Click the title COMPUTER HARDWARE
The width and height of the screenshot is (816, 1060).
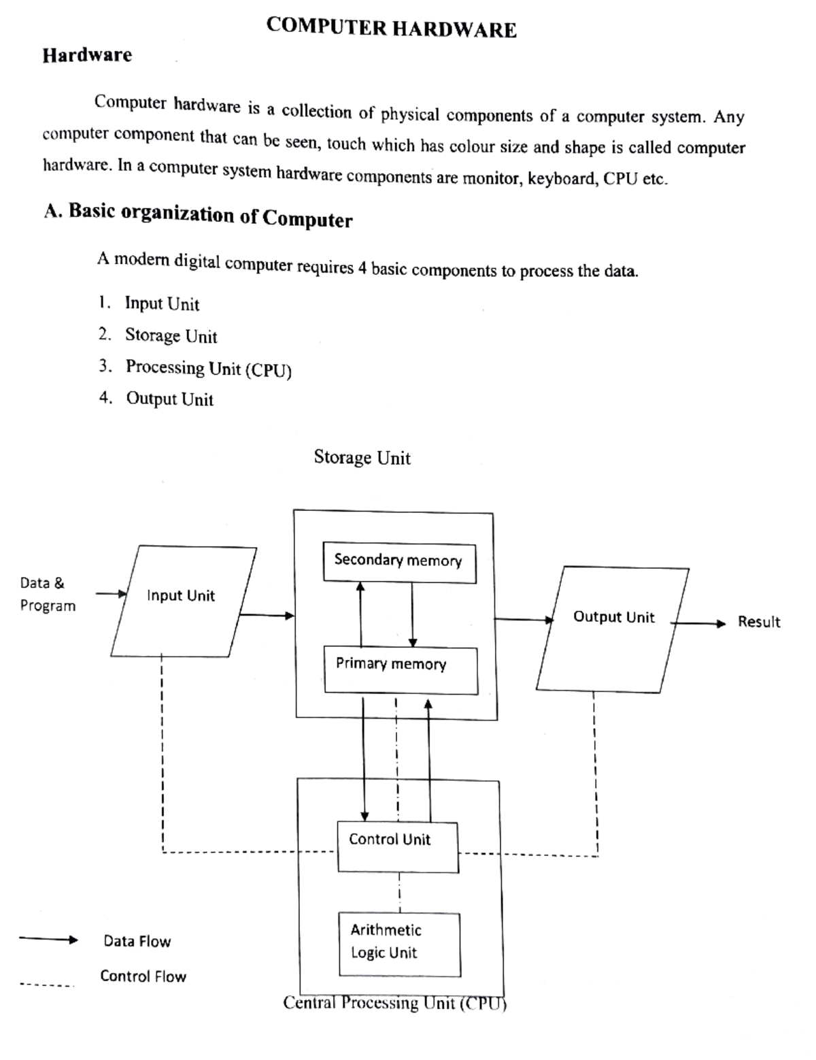pos(392,27)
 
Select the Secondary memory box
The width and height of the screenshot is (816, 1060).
pos(400,563)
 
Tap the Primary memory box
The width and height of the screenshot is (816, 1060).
pos(401,670)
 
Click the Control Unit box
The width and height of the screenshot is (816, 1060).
pos(398,847)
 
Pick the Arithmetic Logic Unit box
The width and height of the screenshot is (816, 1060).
pos(400,944)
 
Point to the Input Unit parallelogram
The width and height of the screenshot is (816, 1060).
pos(184,601)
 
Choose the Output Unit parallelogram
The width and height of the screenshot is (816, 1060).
pos(613,629)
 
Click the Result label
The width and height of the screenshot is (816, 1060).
pos(759,622)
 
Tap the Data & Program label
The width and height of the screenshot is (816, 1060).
pos(48,594)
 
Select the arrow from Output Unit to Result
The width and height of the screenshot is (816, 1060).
pos(698,623)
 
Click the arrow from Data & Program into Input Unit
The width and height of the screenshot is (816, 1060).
pos(111,594)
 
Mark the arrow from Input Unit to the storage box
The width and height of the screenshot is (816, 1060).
pos(267,615)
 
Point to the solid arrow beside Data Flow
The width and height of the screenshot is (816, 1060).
pos(49,940)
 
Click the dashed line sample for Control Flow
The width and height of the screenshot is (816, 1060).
pos(48,985)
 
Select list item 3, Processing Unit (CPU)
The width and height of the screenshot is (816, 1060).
pos(195,368)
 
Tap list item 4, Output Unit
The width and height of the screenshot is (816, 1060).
pos(156,399)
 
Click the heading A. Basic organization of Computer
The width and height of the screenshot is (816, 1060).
pos(198,215)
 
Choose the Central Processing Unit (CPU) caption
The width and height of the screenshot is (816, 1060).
pos(395,1003)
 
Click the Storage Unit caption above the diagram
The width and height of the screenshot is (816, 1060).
pos(362,458)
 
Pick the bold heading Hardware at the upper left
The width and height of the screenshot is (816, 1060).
pos(87,55)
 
